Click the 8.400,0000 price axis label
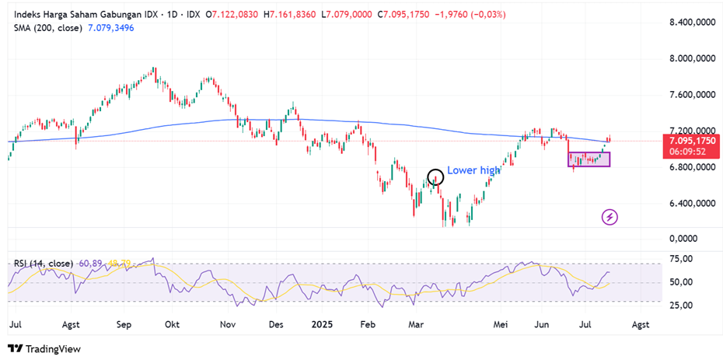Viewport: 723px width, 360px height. (x=693, y=23)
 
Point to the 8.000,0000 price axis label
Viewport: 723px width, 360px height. (x=693, y=58)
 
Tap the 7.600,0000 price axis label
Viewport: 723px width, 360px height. (x=693, y=95)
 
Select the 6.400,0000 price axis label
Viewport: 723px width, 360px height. (x=693, y=203)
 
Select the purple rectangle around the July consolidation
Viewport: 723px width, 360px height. (x=589, y=159)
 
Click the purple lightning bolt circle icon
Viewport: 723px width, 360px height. (x=610, y=217)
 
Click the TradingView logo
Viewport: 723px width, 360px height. (x=44, y=349)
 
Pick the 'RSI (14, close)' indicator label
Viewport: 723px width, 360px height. (x=44, y=264)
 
